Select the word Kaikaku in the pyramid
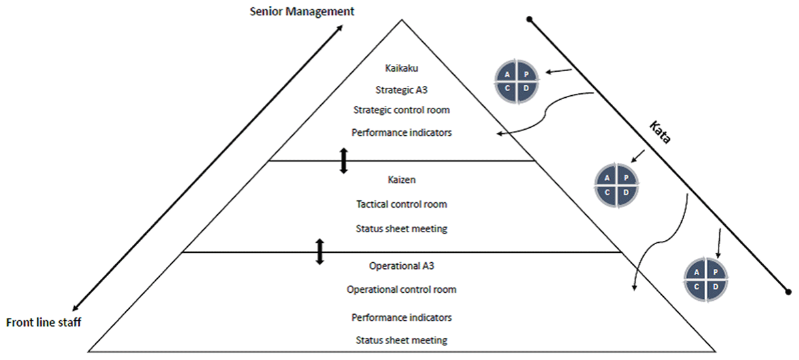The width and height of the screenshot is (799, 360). (x=401, y=68)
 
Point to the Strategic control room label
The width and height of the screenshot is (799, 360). (x=401, y=109)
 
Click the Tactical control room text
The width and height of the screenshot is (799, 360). (x=401, y=204)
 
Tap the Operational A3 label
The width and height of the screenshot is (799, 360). (x=401, y=266)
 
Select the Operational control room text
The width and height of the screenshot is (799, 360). (x=401, y=289)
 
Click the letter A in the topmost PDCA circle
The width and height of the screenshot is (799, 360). (x=507, y=75)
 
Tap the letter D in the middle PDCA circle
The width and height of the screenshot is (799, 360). (x=627, y=192)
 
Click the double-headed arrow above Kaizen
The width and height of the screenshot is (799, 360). (x=344, y=161)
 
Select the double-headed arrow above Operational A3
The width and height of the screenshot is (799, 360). (x=320, y=252)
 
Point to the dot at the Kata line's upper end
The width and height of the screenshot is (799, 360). (x=529, y=19)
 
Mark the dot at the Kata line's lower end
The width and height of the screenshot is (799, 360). (x=788, y=291)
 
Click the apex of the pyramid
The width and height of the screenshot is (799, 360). (x=401, y=20)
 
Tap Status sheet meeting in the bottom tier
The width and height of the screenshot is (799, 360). (x=401, y=340)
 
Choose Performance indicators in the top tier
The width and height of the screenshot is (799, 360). (x=401, y=132)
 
